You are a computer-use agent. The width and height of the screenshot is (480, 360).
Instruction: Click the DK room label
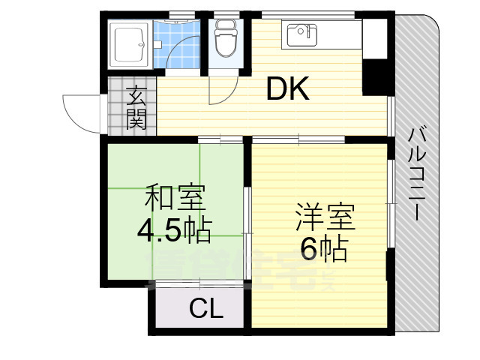288,90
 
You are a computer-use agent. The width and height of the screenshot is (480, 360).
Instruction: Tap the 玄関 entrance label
136,108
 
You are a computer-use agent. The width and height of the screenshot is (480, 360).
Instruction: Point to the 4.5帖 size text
174,229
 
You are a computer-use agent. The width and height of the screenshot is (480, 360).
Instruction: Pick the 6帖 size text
325,248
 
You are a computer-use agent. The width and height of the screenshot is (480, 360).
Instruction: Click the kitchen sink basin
301,34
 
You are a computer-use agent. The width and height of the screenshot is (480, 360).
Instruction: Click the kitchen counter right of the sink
341,34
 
